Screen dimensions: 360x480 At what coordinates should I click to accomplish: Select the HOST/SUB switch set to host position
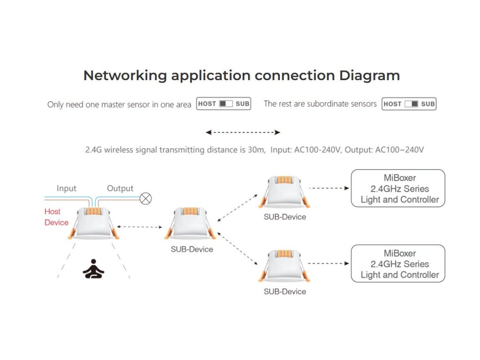(x=224, y=104)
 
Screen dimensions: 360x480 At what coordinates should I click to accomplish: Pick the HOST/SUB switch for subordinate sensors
(x=409, y=104)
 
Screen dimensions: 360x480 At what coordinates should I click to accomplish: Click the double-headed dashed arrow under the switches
(x=243, y=133)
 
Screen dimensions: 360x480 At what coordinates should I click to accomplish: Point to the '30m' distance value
(x=258, y=150)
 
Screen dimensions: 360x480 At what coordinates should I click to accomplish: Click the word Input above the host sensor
(x=67, y=188)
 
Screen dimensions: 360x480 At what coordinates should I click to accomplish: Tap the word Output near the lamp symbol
(x=120, y=188)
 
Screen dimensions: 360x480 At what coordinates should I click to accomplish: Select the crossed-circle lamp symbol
(x=146, y=199)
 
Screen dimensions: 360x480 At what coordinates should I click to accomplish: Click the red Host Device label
(x=56, y=217)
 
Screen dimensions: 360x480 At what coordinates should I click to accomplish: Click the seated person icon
(x=93, y=269)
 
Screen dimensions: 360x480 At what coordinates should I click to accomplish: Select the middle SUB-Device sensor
(x=191, y=224)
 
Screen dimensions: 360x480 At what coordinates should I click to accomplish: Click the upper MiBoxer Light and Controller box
(x=398, y=188)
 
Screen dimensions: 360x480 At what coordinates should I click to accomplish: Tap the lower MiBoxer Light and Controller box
(x=398, y=264)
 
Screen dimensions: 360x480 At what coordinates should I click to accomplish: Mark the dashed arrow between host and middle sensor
(x=139, y=227)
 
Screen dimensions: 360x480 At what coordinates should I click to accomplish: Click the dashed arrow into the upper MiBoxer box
(x=330, y=188)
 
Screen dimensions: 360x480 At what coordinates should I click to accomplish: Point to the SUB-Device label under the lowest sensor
(x=285, y=292)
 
